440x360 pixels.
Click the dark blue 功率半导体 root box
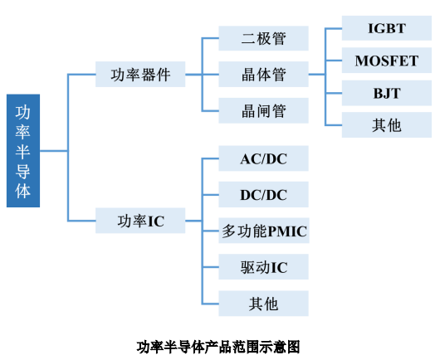click(x=23, y=151)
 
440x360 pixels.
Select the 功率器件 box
click(x=140, y=75)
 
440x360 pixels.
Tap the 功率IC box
click(x=140, y=221)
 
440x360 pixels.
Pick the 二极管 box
click(x=263, y=38)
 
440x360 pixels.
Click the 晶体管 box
click(x=263, y=75)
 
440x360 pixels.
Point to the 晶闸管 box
click(x=263, y=111)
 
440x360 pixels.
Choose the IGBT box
click(x=387, y=28)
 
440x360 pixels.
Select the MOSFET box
click(x=387, y=61)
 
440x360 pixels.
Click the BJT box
click(x=387, y=93)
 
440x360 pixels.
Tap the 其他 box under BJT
click(x=387, y=125)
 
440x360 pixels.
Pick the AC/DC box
click(x=263, y=158)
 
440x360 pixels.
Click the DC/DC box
click(x=263, y=195)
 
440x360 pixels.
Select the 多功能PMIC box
click(x=264, y=231)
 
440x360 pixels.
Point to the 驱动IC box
click(x=263, y=267)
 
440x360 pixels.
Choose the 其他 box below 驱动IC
click(x=263, y=304)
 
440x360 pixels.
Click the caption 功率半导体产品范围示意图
click(x=218, y=347)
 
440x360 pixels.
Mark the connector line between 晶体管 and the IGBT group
click(x=317, y=75)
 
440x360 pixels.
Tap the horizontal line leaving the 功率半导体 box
click(x=54, y=151)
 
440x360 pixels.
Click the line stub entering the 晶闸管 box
click(x=210, y=111)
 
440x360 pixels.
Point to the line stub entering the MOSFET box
click(x=334, y=61)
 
